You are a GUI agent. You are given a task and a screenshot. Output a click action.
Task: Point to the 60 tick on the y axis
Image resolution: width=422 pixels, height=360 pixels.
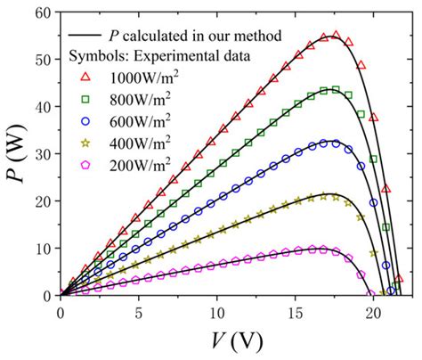point(42,12)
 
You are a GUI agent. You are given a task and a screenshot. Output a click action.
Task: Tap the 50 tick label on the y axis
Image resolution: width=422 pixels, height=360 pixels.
point(42,59)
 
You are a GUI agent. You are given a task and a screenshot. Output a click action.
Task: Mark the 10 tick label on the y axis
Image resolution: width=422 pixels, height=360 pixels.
point(42,248)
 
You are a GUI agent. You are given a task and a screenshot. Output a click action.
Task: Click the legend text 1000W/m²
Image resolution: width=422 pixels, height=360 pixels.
point(147,78)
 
